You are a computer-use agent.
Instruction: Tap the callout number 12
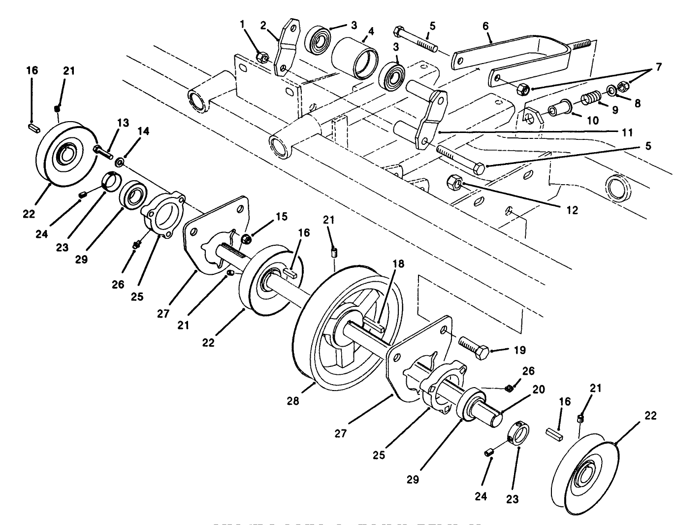[x=572, y=210]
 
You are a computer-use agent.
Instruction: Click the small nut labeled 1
[x=263, y=58]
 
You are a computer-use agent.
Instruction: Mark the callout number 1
[x=242, y=23]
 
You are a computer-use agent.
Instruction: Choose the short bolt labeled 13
[x=104, y=149]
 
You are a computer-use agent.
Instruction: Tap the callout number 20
[x=538, y=390]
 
